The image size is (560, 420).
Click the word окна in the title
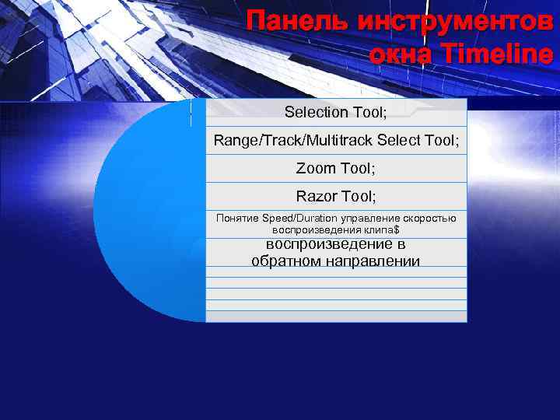397,54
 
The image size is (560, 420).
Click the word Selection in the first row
317,112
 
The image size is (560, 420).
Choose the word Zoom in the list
317,168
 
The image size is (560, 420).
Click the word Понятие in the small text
237,218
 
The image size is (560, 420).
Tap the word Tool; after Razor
359,196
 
